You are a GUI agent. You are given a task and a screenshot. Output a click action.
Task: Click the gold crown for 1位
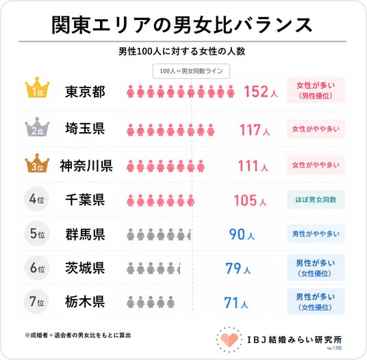(37, 88)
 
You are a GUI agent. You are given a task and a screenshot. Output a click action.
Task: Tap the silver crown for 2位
(37, 127)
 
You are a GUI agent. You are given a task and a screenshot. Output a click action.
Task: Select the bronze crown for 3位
(37, 164)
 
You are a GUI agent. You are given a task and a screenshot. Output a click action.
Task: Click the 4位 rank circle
(36, 199)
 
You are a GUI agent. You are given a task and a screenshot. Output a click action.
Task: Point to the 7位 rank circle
(36, 301)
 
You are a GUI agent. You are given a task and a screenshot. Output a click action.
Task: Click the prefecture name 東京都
(85, 92)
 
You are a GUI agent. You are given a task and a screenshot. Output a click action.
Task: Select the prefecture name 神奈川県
(86, 166)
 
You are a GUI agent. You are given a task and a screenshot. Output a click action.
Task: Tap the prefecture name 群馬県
(85, 234)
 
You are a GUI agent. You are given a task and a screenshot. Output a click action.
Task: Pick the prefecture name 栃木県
(85, 302)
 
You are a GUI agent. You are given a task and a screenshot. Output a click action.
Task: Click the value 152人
(261, 91)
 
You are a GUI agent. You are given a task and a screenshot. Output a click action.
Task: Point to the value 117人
(255, 130)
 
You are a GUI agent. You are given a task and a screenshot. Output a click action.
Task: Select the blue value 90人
(242, 234)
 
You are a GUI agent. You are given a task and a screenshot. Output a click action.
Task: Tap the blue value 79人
(238, 268)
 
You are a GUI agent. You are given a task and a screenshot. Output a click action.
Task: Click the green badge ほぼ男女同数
(316, 200)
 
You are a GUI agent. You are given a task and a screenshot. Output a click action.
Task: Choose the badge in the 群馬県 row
(316, 233)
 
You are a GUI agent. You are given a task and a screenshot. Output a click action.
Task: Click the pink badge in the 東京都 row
(316, 90)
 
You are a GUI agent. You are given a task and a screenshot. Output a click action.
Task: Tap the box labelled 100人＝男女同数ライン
(191, 71)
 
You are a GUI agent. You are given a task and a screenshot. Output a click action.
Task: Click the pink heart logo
(229, 339)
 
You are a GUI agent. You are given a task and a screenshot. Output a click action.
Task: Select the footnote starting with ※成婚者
(78, 335)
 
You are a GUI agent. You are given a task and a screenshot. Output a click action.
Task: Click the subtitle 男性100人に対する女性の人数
(182, 51)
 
